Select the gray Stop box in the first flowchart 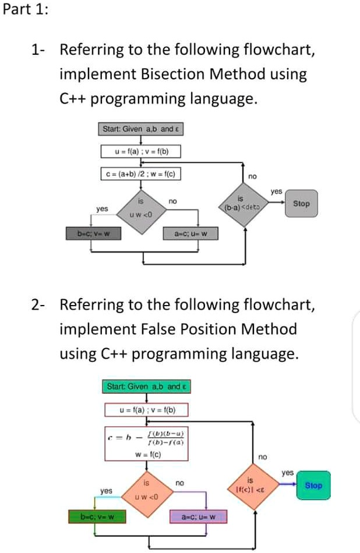point(301,204)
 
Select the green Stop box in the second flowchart point(313,485)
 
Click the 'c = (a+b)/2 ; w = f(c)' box point(140,173)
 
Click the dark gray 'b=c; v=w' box point(90,235)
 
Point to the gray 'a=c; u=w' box point(188,235)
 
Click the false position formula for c point(146,435)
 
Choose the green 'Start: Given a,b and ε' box point(148,386)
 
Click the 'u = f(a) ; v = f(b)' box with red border point(146,410)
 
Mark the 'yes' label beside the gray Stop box point(276,191)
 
